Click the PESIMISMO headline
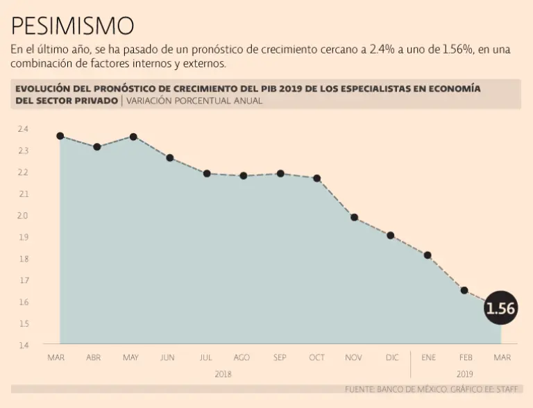72,26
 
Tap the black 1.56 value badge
500,309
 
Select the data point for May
133,137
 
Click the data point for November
354,217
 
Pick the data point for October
317,178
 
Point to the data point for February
464,290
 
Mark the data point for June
170,158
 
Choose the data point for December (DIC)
391,235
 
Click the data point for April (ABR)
97,146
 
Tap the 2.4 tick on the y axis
23,129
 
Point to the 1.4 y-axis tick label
23,345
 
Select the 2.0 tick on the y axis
23,216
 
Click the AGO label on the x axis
242,357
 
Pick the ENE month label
428,357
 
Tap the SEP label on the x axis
280,357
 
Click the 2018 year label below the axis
223,374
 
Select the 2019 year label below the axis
464,374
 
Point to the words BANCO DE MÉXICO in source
409,389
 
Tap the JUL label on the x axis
205,357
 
